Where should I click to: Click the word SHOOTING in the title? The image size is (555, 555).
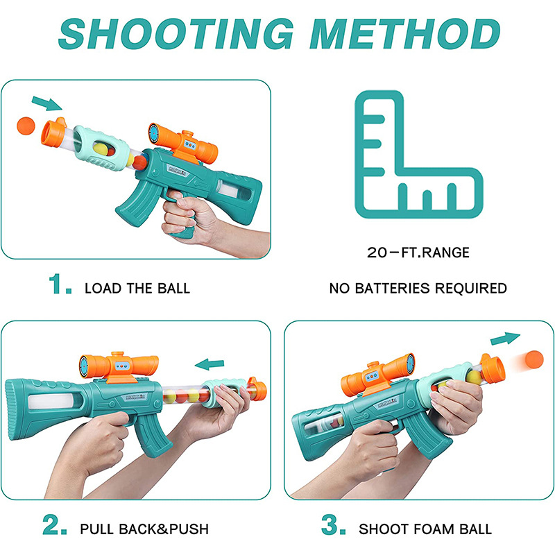point(176,33)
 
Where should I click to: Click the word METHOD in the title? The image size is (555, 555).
point(404,33)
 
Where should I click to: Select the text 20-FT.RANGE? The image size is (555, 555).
point(418,253)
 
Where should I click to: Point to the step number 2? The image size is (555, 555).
point(55,524)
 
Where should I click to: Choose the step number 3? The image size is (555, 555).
point(333,524)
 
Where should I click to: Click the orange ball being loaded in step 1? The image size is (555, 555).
point(26,126)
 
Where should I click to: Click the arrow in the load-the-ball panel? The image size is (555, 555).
point(46,103)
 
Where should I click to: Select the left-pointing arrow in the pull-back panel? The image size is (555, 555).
point(210,364)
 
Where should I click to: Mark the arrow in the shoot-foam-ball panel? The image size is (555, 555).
point(505,339)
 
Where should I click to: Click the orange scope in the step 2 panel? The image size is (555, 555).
point(119,366)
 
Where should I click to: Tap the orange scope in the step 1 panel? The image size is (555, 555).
point(183,143)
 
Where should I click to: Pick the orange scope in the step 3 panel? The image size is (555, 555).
point(377,375)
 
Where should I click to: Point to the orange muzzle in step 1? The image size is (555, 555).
point(53,131)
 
